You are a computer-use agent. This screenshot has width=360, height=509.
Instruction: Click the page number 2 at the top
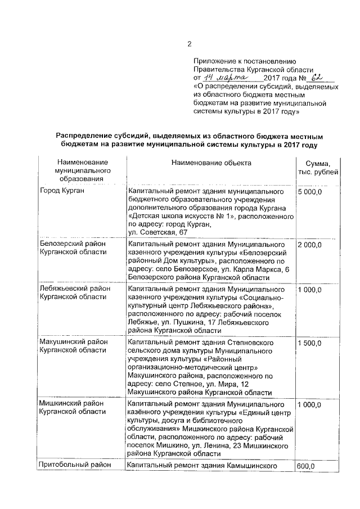(190, 44)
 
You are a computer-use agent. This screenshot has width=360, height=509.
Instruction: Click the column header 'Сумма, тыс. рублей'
(318, 167)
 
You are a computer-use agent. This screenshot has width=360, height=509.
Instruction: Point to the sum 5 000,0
(309, 192)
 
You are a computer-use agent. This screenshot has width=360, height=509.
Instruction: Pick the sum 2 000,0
(309, 245)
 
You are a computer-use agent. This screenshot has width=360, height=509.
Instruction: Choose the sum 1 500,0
(309, 343)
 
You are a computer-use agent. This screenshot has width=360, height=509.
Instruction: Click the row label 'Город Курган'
(62, 192)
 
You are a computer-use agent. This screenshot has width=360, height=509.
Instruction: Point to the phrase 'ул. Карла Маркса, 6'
(247, 269)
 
